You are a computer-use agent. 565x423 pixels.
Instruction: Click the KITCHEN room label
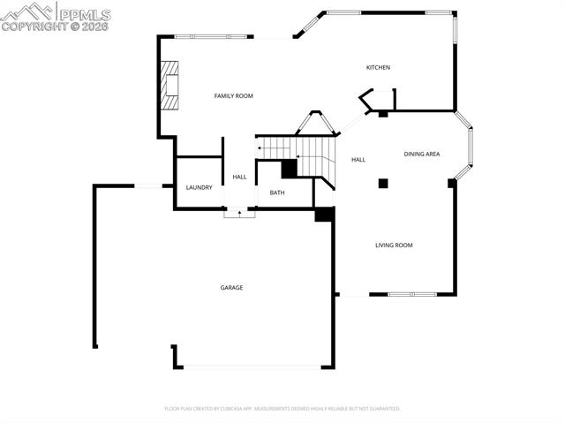[x=378, y=68]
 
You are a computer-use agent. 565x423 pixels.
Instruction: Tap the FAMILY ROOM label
[x=234, y=95]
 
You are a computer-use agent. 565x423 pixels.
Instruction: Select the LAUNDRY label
[x=199, y=187]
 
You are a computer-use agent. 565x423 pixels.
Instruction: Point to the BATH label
[x=277, y=193]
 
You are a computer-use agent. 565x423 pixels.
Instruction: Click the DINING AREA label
[x=422, y=155]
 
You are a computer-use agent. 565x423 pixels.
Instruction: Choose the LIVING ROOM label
[x=394, y=245]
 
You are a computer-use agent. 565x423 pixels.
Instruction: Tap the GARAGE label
[x=231, y=288]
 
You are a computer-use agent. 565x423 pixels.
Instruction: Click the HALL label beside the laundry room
[x=239, y=177]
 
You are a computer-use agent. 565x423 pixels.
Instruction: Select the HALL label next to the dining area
[x=358, y=160]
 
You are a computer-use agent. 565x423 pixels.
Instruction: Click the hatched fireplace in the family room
[x=169, y=85]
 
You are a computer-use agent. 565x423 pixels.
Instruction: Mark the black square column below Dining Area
[x=383, y=184]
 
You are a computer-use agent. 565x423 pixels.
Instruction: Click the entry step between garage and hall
[x=238, y=213]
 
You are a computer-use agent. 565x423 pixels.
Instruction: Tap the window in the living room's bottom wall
[x=411, y=294]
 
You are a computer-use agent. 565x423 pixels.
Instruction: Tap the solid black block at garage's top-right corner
[x=324, y=214]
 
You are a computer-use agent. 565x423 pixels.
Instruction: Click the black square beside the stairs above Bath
[x=289, y=168]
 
